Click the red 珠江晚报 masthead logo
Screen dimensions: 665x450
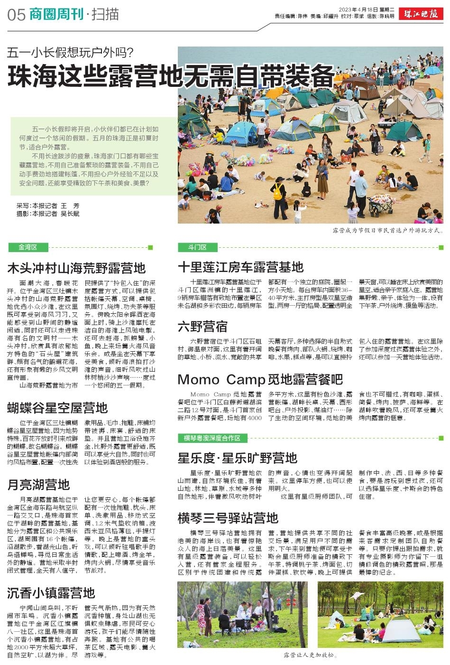point(421,14)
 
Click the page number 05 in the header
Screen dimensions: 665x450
point(16,15)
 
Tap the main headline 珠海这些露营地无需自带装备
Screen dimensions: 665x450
point(171,76)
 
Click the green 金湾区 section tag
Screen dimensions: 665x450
point(28,247)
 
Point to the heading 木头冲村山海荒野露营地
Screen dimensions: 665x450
point(76,268)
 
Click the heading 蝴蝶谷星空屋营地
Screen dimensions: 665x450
point(57,408)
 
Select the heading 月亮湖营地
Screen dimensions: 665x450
point(38,485)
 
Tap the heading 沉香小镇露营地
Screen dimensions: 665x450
point(51,593)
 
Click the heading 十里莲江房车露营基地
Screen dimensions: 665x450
point(240,267)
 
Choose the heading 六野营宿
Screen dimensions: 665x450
point(202,327)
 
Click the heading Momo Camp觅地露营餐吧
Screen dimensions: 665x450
point(260,379)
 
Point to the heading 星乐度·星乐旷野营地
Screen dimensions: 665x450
point(237,458)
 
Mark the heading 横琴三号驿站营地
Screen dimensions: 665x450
point(228,517)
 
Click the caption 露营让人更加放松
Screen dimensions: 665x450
point(310,656)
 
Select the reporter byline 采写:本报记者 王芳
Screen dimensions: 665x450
point(48,206)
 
